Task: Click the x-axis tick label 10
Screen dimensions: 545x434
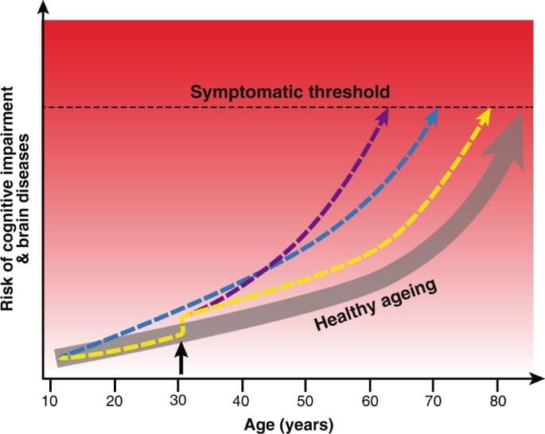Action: click(50, 401)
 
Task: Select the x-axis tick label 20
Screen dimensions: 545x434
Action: click(115, 401)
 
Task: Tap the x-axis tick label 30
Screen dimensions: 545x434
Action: click(178, 401)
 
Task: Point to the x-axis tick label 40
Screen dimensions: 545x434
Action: click(242, 401)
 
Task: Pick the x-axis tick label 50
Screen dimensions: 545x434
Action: click(306, 401)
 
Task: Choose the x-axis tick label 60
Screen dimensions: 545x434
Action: click(369, 401)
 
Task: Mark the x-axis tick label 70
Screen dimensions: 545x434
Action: click(433, 401)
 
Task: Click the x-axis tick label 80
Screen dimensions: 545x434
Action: click(497, 401)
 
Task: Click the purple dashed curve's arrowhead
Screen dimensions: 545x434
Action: click(382, 116)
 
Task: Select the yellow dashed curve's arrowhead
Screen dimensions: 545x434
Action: click(484, 117)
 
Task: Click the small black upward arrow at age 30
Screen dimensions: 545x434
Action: click(181, 358)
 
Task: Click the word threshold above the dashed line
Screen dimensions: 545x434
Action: click(349, 92)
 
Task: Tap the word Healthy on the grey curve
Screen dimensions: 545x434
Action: click(345, 315)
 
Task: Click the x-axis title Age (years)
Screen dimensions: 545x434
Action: click(289, 425)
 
